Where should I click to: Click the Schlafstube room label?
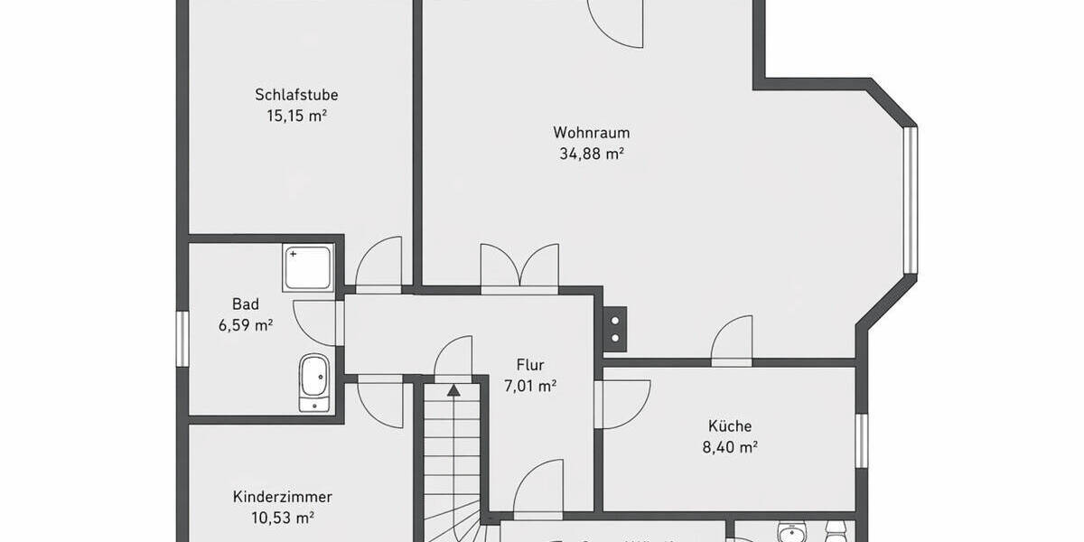pyautogui.click(x=296, y=95)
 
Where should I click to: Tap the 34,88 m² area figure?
pyautogui.click(x=593, y=154)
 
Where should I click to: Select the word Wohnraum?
pyautogui.click(x=592, y=132)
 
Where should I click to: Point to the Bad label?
pyautogui.click(x=245, y=304)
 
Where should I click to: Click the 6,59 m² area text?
pyautogui.click(x=245, y=325)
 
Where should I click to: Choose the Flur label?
pyautogui.click(x=530, y=365)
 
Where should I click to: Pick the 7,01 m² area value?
pyautogui.click(x=529, y=387)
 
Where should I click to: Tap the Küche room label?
pyautogui.click(x=730, y=425)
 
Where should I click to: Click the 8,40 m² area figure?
pyautogui.click(x=731, y=446)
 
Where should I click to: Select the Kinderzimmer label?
pyautogui.click(x=283, y=497)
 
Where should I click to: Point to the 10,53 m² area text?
pyautogui.click(x=283, y=519)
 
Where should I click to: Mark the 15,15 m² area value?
pyautogui.click(x=296, y=116)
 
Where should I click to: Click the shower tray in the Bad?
pyautogui.click(x=308, y=266)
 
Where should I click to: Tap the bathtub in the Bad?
pyautogui.click(x=314, y=382)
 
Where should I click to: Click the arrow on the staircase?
pyautogui.click(x=453, y=390)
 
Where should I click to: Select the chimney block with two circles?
pyautogui.click(x=615, y=327)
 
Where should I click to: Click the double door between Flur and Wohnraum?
pyautogui.click(x=519, y=269)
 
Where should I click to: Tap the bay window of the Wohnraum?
pyautogui.click(x=911, y=200)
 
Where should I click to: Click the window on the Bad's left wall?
pyautogui.click(x=182, y=339)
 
